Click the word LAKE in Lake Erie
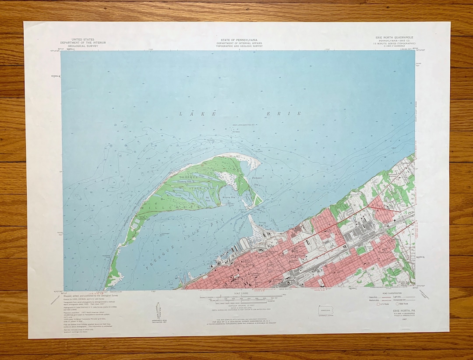click(198, 114)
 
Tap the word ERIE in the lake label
click(284, 114)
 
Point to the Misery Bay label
click(228, 198)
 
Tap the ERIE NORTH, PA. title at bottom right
click(394, 311)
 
